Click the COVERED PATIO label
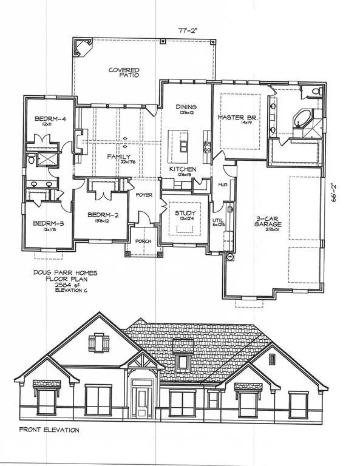(x=124, y=73)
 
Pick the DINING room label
(x=186, y=107)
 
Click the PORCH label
(x=143, y=241)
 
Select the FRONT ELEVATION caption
(x=49, y=430)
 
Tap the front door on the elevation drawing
(x=141, y=401)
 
